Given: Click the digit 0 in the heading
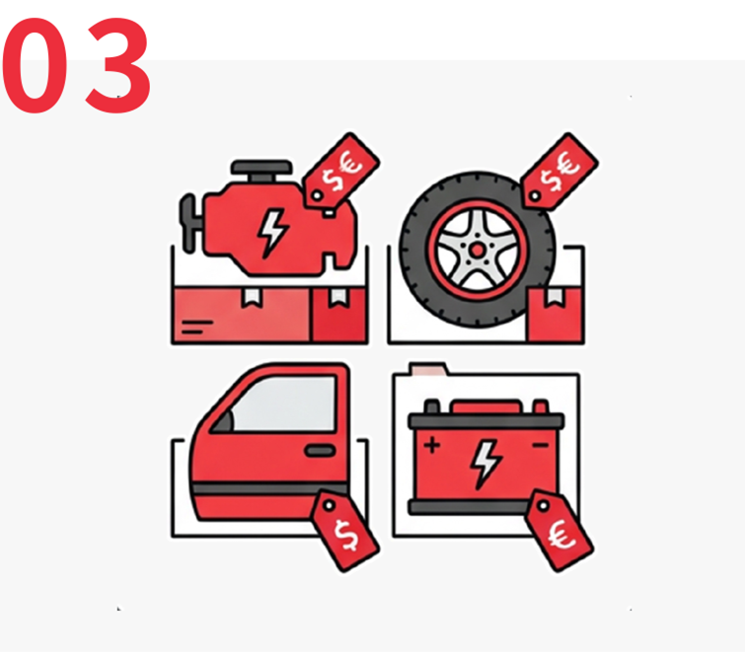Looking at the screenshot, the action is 35,65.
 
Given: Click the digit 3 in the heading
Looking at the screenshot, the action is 118,65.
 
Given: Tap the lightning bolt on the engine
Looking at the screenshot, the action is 271,233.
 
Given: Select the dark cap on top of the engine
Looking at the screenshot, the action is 261,168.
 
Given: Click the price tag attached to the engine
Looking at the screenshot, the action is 341,171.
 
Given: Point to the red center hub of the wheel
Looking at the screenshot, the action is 477,251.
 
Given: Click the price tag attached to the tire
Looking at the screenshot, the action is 559,172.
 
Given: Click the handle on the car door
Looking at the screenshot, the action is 321,450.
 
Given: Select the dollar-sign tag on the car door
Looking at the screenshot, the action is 345,531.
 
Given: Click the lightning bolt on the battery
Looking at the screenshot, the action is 485,464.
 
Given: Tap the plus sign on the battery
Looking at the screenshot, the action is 432,446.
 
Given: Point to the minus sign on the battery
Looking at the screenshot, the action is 541,445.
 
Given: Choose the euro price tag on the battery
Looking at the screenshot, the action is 559,531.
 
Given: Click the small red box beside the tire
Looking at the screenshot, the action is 555,315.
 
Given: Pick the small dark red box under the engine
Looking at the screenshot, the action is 338,315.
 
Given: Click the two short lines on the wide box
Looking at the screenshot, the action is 196,327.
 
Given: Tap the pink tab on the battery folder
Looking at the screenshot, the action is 428,369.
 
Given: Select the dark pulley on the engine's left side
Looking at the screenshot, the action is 188,222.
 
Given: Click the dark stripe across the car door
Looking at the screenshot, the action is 269,490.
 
